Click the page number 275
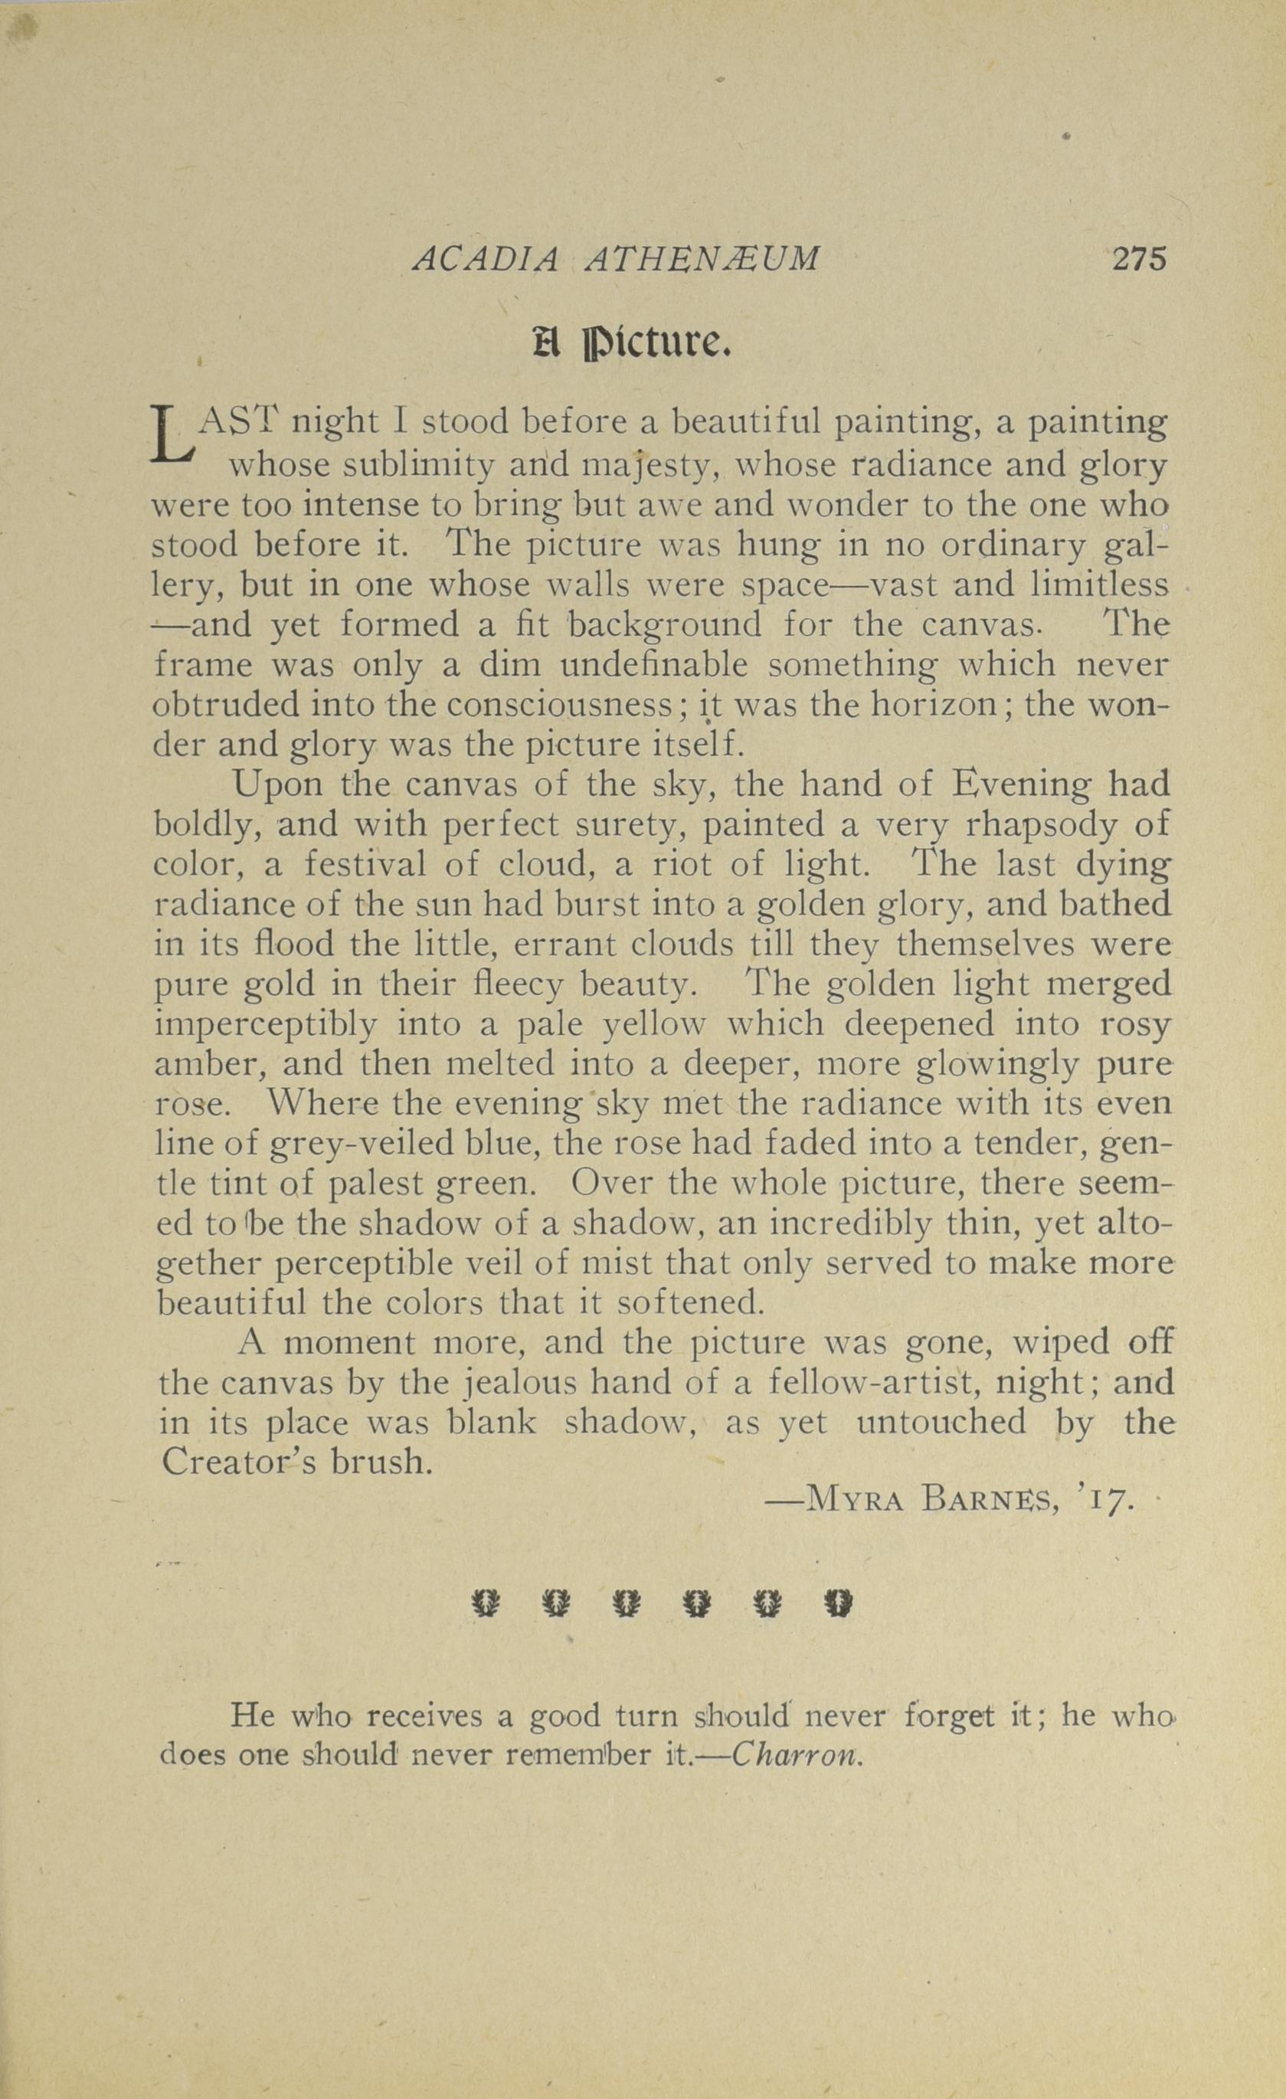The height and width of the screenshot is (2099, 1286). tap(1138, 258)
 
